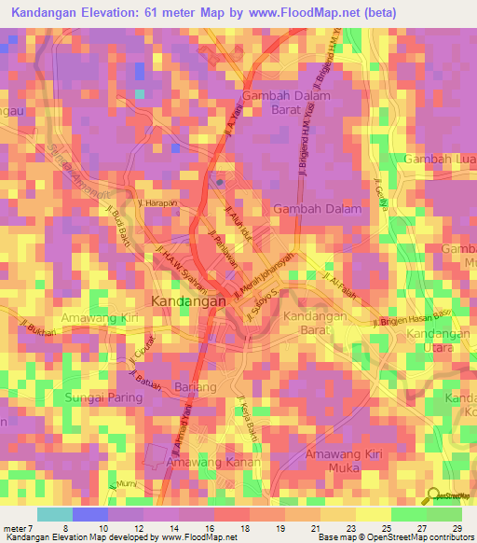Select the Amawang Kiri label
click(99, 319)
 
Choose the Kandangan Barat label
click(315, 323)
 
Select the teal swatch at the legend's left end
click(54, 514)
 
